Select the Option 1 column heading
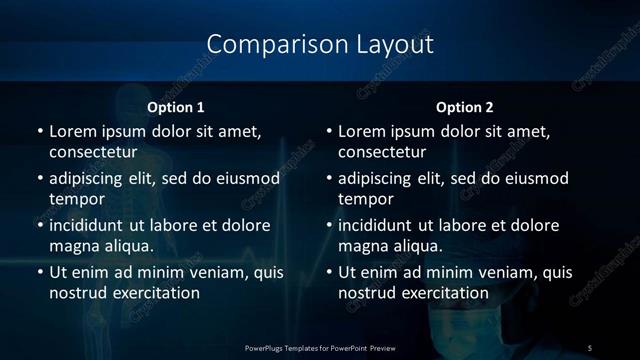(x=176, y=107)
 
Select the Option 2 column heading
(x=465, y=107)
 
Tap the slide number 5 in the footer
(x=590, y=347)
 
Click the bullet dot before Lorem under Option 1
(x=40, y=131)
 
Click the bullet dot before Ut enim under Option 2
(x=330, y=272)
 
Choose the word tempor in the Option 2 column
(x=365, y=199)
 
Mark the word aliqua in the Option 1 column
(x=125, y=245)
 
